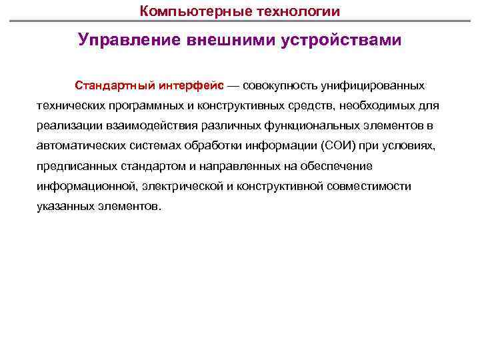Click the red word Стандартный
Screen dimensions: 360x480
[115, 86]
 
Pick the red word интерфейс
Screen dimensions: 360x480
[191, 86]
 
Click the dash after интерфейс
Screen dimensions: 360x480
[235, 86]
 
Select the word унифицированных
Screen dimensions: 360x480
[374, 86]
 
